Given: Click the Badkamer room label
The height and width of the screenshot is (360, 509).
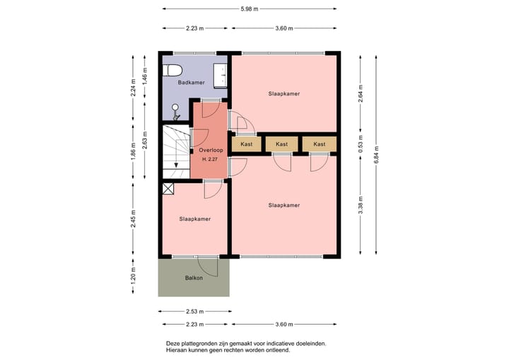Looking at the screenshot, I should (x=191, y=83).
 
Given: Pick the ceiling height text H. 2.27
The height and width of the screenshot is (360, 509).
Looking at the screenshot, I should (x=210, y=159).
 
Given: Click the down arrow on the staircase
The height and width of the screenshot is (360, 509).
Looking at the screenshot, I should (x=176, y=165).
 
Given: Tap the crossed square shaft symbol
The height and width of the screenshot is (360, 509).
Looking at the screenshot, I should (x=168, y=188).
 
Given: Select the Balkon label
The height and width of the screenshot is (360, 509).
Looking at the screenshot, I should (x=194, y=277).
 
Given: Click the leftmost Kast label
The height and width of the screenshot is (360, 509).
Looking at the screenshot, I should (x=246, y=144).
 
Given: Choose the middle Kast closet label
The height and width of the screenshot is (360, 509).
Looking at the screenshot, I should (x=282, y=144).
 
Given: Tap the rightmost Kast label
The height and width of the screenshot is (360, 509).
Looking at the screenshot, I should (x=320, y=144).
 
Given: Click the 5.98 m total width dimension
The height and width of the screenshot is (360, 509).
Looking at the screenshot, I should (x=250, y=8).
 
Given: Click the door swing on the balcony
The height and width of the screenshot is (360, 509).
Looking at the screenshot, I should (x=209, y=266).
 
